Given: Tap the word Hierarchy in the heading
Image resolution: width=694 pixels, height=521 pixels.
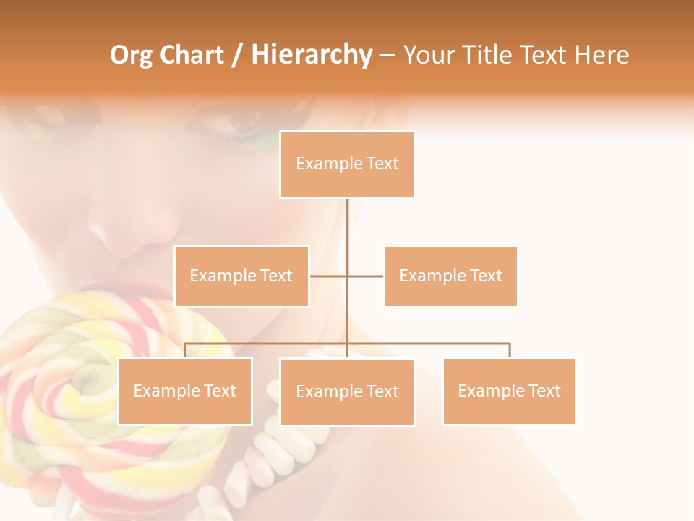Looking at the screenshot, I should click(312, 56).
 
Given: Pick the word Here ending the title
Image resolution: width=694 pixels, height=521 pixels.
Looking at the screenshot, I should click(601, 56).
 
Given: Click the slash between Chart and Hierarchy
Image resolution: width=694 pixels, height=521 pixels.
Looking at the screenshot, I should click(237, 56).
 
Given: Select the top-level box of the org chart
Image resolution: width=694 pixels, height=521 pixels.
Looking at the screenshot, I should click(347, 164).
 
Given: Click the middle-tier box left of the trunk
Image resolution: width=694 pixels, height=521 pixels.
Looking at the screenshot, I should click(241, 276).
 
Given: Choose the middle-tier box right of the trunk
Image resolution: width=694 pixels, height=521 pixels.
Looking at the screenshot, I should click(450, 276).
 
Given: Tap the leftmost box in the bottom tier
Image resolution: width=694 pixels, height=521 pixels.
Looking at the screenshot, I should click(185, 391).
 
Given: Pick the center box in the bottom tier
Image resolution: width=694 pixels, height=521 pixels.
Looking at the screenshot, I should click(347, 391).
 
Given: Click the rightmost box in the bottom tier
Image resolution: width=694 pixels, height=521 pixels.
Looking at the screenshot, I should click(509, 391).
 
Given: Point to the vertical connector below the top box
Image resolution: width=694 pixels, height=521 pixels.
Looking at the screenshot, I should click(347, 224).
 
